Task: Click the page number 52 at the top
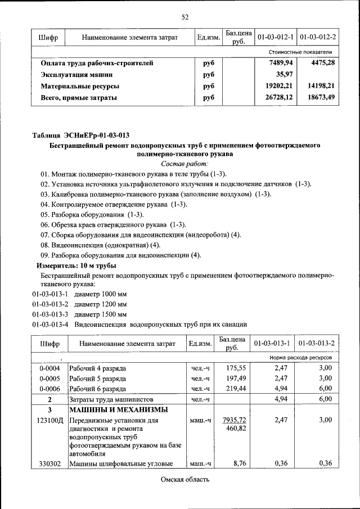[x=184, y=16]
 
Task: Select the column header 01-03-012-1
[x=276, y=37]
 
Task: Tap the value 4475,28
[x=322, y=63]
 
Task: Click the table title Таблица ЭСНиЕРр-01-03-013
[x=81, y=135]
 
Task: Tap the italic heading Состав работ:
[x=184, y=164]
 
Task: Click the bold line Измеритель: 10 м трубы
[x=76, y=265]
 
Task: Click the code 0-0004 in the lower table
[x=49, y=368]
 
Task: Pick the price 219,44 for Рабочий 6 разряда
[x=233, y=388]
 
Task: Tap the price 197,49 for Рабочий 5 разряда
[x=233, y=378]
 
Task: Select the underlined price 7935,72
[x=233, y=420]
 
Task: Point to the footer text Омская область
[x=184, y=480]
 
